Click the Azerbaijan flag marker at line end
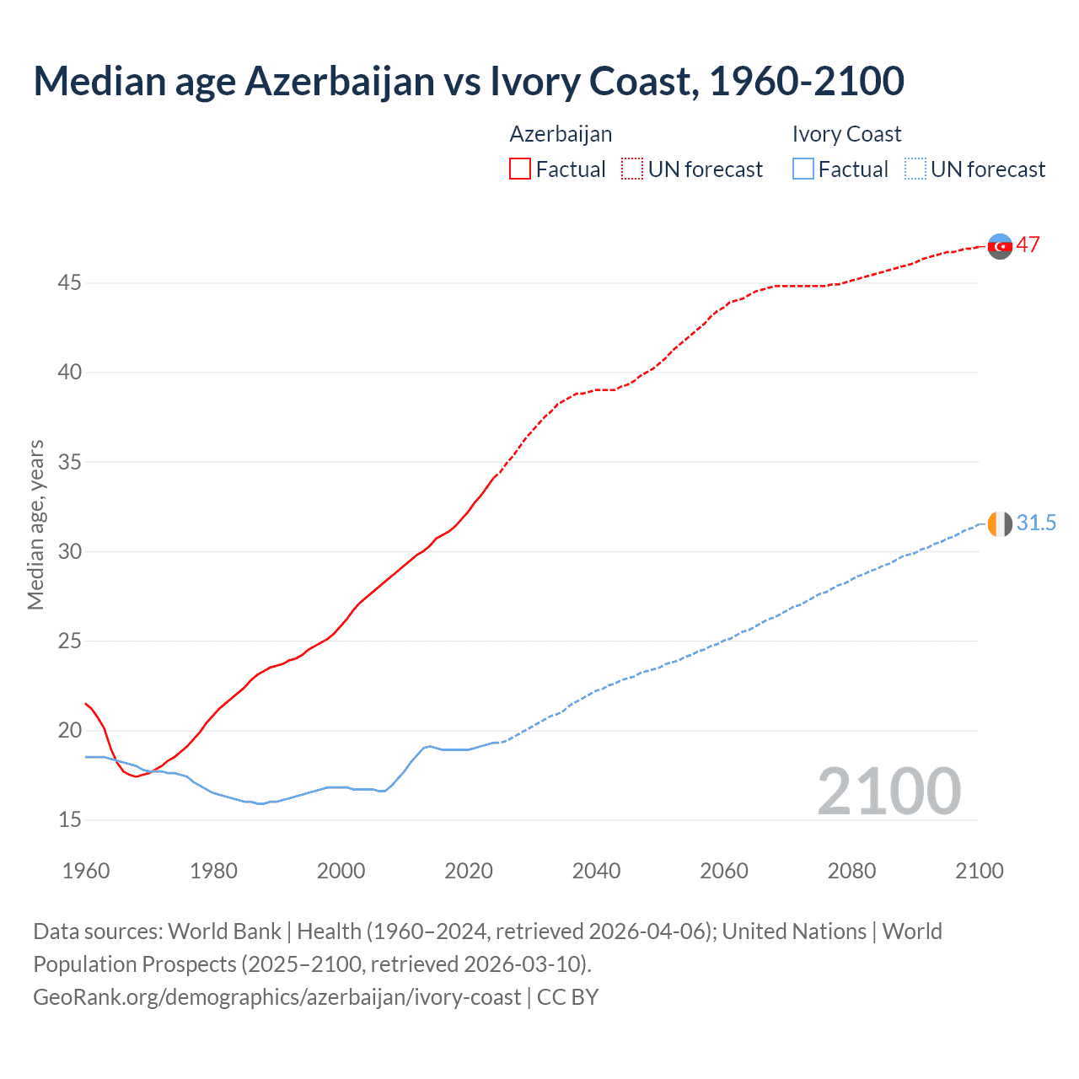click(1000, 246)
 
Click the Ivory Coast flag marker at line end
click(1000, 523)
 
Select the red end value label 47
click(1028, 244)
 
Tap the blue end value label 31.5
click(1036, 523)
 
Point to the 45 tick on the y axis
click(69, 283)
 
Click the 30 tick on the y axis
click(69, 551)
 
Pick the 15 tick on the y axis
click(69, 819)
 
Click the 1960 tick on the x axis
click(86, 871)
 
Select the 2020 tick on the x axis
click(469, 871)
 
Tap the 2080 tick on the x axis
click(851, 871)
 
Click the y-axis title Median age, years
click(35, 524)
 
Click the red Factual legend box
click(520, 169)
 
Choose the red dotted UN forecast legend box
click(632, 169)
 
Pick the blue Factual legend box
click(803, 169)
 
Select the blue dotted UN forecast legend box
click(915, 169)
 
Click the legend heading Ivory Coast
click(846, 134)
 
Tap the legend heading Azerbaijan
click(561, 134)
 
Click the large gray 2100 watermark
click(888, 792)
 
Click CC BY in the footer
click(567, 997)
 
